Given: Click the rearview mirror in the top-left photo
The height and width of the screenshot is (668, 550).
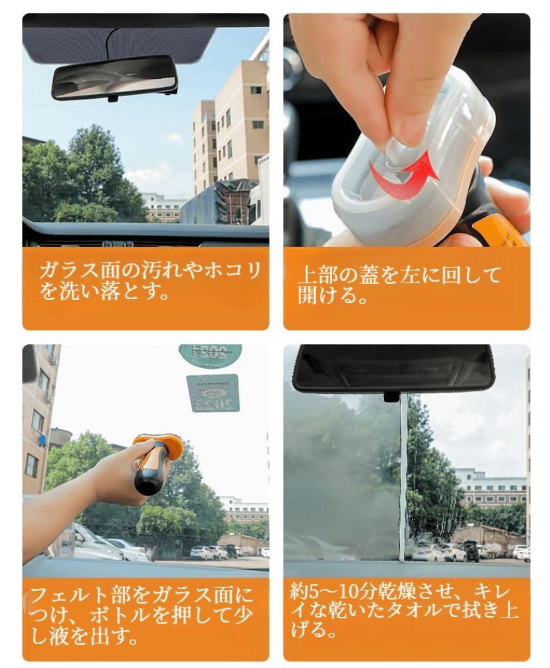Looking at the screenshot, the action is tap(114, 78).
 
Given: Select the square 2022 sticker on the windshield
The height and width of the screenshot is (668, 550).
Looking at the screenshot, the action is tap(213, 393).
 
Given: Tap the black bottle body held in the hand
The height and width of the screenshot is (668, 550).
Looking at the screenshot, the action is tap(150, 473).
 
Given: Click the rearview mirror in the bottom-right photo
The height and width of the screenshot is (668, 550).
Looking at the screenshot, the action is tap(393, 369).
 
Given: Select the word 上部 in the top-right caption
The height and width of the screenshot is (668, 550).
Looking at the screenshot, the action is tap(318, 275).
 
